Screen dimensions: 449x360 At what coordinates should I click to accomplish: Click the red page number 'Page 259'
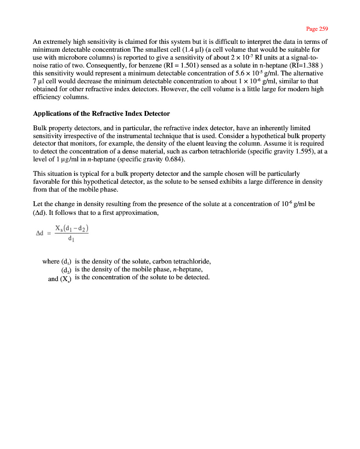pos(317,29)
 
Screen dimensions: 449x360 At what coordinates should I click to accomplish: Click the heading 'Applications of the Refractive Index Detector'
pos(101,114)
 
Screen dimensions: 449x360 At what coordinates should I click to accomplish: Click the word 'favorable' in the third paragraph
pos(46,182)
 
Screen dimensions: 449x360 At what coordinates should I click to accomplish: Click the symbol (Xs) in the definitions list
pos(66,278)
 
